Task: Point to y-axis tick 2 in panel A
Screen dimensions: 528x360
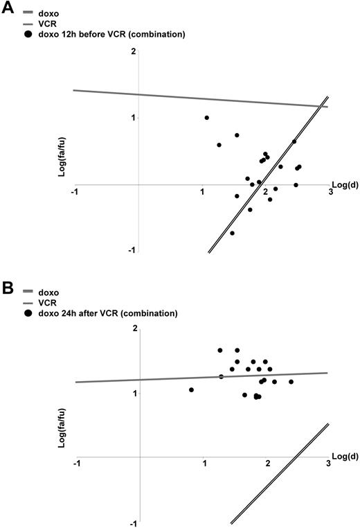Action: pos(133,53)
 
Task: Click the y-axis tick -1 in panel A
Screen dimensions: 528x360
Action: pos(132,250)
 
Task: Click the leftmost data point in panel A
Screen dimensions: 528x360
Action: pos(206,118)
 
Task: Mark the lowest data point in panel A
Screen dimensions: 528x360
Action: pos(232,233)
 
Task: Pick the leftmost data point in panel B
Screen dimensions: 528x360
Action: pos(191,389)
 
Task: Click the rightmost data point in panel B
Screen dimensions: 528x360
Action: pos(291,382)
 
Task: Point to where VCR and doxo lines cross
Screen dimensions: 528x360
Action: pos(318,106)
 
